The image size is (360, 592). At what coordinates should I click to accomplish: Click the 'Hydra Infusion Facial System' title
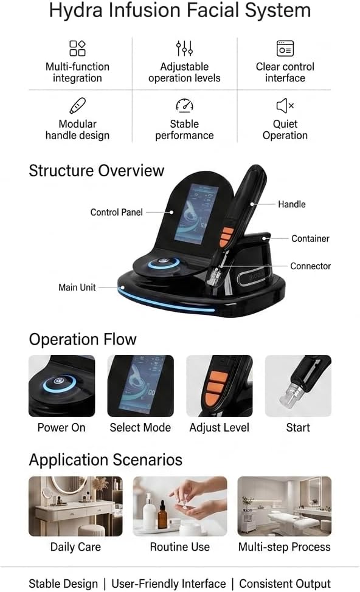(180, 10)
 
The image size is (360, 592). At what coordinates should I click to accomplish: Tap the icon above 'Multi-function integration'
(77, 49)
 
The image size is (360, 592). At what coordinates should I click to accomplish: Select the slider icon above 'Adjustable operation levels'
(184, 49)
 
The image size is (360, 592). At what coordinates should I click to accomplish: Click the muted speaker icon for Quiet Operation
(285, 106)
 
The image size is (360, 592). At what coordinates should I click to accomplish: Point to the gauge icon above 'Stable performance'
(184, 106)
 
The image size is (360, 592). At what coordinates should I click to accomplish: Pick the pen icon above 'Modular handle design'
(77, 106)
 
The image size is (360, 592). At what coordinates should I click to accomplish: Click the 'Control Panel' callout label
(116, 213)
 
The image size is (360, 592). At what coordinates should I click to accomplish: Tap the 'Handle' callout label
(292, 204)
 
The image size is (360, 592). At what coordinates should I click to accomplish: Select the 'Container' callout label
(310, 239)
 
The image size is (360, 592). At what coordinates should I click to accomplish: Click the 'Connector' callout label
(311, 266)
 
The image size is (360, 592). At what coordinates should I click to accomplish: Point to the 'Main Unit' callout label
(77, 287)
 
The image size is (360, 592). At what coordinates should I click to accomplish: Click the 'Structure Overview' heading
(96, 171)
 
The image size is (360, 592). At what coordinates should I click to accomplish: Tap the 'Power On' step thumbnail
(61, 386)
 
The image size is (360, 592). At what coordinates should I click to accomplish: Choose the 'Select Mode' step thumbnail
(140, 386)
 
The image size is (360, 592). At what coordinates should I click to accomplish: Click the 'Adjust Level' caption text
(219, 428)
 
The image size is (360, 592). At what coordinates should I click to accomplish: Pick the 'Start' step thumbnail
(298, 386)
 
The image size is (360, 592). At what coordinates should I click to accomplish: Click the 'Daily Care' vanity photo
(75, 506)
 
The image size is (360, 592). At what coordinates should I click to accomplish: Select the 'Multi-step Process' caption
(285, 547)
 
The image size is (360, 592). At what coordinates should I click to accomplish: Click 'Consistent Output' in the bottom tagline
(285, 583)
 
